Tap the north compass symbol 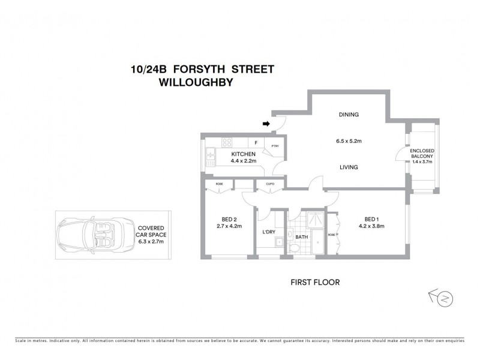tap(441, 296)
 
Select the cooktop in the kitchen tap(227, 143)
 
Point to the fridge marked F tap(256, 143)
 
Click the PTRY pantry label tap(275, 146)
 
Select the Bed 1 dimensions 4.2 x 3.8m tap(371, 226)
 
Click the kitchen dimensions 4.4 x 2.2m tap(243, 161)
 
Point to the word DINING tap(348, 115)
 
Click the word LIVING tap(348, 167)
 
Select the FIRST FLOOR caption tap(314, 281)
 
